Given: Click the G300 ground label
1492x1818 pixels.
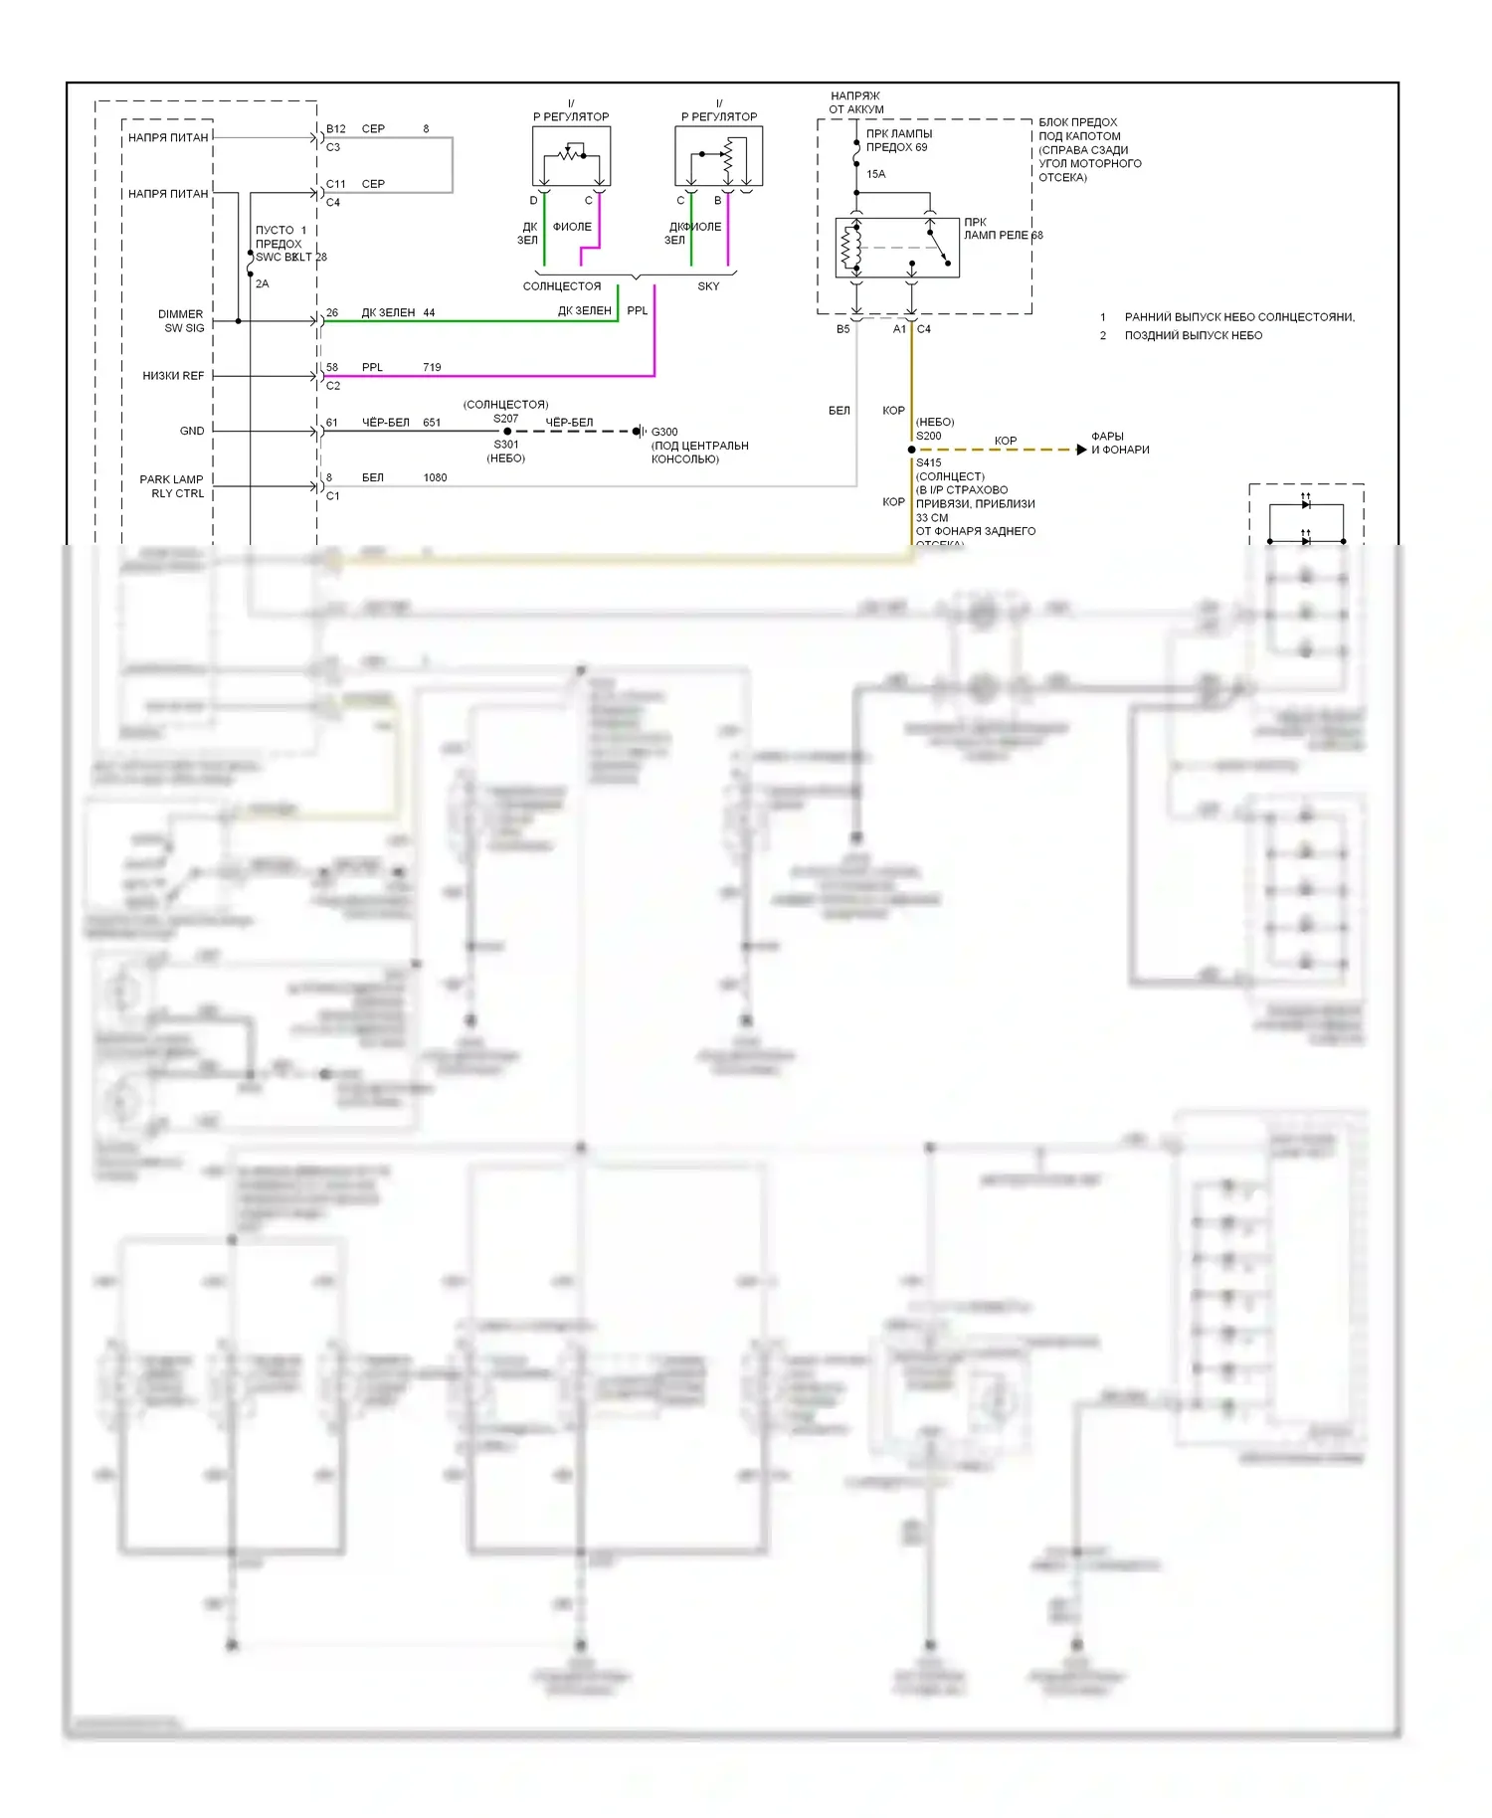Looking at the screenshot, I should coord(664,432).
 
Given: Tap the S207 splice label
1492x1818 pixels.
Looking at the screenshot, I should coord(505,419).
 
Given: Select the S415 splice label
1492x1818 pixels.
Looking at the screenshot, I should coord(928,462).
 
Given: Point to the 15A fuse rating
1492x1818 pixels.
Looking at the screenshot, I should coord(875,174).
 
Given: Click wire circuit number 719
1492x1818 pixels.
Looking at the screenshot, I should coord(432,367).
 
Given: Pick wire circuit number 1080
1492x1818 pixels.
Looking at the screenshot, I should coord(435,477).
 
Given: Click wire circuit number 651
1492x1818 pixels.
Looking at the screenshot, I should coord(432,423).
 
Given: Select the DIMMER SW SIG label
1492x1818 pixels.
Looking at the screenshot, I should coord(183,321).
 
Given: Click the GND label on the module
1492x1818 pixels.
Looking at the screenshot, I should coord(192,431).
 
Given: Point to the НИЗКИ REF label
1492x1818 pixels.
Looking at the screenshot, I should coord(173,376).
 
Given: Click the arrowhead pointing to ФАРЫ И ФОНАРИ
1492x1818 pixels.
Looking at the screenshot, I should coord(1081,450).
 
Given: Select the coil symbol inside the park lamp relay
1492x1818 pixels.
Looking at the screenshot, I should coord(851,248).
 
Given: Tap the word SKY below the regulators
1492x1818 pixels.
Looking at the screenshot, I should coord(708,286).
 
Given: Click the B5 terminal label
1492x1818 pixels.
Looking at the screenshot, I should coord(842,329).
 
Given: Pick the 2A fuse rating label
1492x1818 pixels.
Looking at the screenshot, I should coord(262,283).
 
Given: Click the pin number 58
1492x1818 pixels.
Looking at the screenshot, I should coord(332,367).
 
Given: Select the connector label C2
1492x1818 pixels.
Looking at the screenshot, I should coord(333,386).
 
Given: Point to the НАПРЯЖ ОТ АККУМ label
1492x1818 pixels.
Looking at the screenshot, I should coord(855,102).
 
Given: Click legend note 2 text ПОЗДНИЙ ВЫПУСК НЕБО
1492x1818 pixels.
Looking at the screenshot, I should coord(1193,335).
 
